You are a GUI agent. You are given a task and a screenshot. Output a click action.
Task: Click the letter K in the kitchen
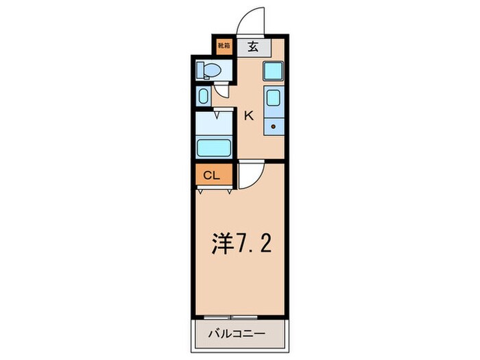point(249,116)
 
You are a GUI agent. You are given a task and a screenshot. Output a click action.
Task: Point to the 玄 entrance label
point(252,47)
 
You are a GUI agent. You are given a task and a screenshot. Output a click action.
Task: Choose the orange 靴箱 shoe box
point(224,47)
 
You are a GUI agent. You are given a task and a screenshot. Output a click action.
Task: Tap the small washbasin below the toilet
point(204,96)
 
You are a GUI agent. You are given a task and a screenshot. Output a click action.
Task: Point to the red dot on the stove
point(273,127)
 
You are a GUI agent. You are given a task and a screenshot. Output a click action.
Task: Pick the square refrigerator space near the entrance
point(272,71)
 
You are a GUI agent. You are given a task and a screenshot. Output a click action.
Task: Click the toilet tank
point(199,70)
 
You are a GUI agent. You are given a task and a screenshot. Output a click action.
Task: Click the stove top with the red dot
point(273,123)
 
